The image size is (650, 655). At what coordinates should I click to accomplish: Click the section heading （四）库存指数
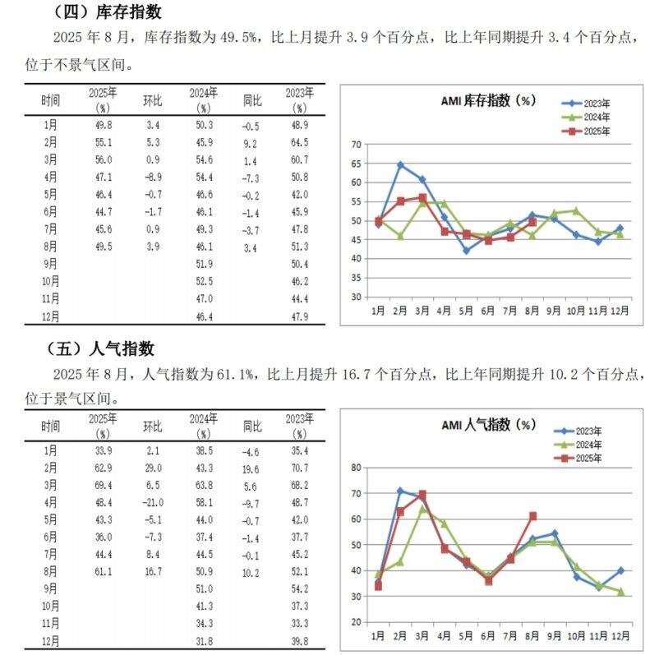[x=108, y=12]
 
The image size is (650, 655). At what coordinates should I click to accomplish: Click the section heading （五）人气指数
[x=100, y=348]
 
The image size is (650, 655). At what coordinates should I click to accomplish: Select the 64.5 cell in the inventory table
[x=299, y=142]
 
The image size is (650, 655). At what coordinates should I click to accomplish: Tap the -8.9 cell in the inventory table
[x=153, y=178]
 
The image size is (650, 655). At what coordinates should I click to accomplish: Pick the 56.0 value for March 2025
[x=104, y=159]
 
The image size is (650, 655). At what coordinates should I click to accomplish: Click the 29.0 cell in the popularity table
[x=154, y=468]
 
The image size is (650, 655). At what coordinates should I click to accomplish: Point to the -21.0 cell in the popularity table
[x=153, y=502]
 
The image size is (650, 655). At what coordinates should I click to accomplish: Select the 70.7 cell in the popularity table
[x=299, y=468]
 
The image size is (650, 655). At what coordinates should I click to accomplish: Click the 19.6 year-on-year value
[x=251, y=469]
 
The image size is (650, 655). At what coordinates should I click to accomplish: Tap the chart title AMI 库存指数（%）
[x=488, y=100]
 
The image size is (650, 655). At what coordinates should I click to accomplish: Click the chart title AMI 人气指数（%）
[x=489, y=425]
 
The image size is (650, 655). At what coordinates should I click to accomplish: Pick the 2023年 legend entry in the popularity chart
[x=578, y=431]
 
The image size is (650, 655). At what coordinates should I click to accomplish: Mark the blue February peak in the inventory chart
[x=401, y=165]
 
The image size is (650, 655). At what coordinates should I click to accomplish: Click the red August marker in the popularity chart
[x=532, y=516]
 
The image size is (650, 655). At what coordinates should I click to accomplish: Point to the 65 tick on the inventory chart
[x=356, y=164]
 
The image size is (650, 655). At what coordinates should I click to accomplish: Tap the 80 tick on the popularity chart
[x=356, y=468]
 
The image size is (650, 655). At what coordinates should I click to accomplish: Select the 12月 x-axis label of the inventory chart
[x=620, y=311]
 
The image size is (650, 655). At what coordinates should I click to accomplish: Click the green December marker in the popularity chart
[x=620, y=592]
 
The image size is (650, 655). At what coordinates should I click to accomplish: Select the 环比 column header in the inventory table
[x=153, y=100]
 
